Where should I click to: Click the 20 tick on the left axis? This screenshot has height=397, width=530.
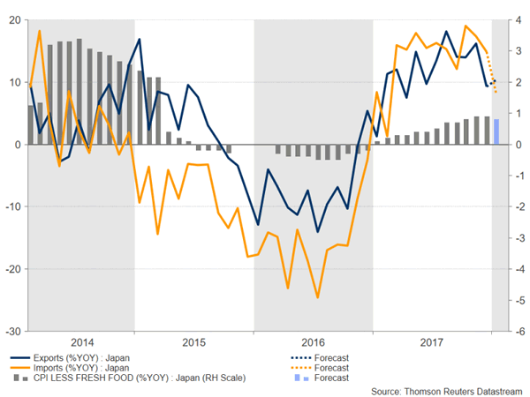tap(15, 19)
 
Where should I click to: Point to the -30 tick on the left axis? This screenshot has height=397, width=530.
tap(13, 332)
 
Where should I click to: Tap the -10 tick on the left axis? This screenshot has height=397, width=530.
tap(13, 206)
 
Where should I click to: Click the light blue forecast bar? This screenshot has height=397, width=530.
tap(496, 131)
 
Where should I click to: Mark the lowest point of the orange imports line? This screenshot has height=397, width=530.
tap(318, 297)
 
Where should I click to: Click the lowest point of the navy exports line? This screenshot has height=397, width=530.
tap(318, 232)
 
